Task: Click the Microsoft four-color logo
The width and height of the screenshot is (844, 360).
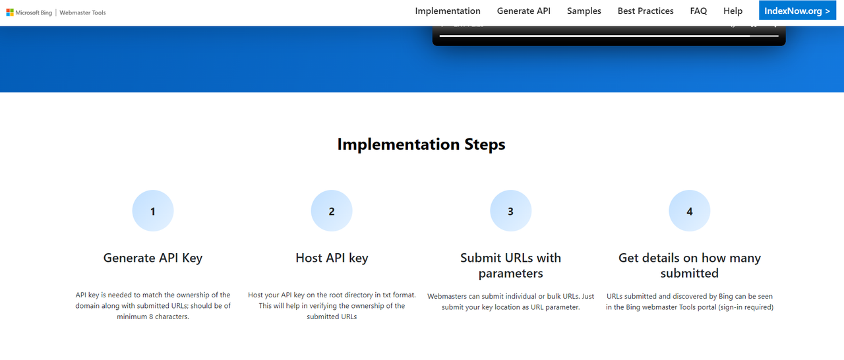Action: [x=10, y=13]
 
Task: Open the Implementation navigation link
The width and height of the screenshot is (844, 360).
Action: [x=448, y=11]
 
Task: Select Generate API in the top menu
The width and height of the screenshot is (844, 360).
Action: [x=524, y=11]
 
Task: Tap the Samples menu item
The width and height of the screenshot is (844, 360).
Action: [x=584, y=11]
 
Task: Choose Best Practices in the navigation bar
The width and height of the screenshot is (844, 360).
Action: [x=646, y=11]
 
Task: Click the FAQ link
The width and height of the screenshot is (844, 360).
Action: [x=698, y=11]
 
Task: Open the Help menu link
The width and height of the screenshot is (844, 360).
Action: [x=733, y=11]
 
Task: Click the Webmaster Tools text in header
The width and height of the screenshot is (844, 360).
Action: [x=82, y=13]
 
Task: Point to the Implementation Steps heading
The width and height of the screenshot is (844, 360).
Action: [x=421, y=144]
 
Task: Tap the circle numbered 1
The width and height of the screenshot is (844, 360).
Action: [x=152, y=210]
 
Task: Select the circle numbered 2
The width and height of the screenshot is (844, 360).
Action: [x=332, y=210]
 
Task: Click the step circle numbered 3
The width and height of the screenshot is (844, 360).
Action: [x=510, y=210]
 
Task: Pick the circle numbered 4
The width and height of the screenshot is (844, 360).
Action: [x=690, y=210]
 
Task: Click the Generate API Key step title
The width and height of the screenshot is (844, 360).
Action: [x=152, y=258]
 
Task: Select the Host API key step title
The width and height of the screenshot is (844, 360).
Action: [x=332, y=258]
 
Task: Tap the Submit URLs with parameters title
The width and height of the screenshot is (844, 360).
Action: [x=510, y=266]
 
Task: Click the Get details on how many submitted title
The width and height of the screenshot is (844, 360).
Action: [x=690, y=266]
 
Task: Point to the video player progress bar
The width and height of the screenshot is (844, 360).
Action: [x=609, y=36]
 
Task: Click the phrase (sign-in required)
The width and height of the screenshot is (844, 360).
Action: [x=746, y=307]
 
